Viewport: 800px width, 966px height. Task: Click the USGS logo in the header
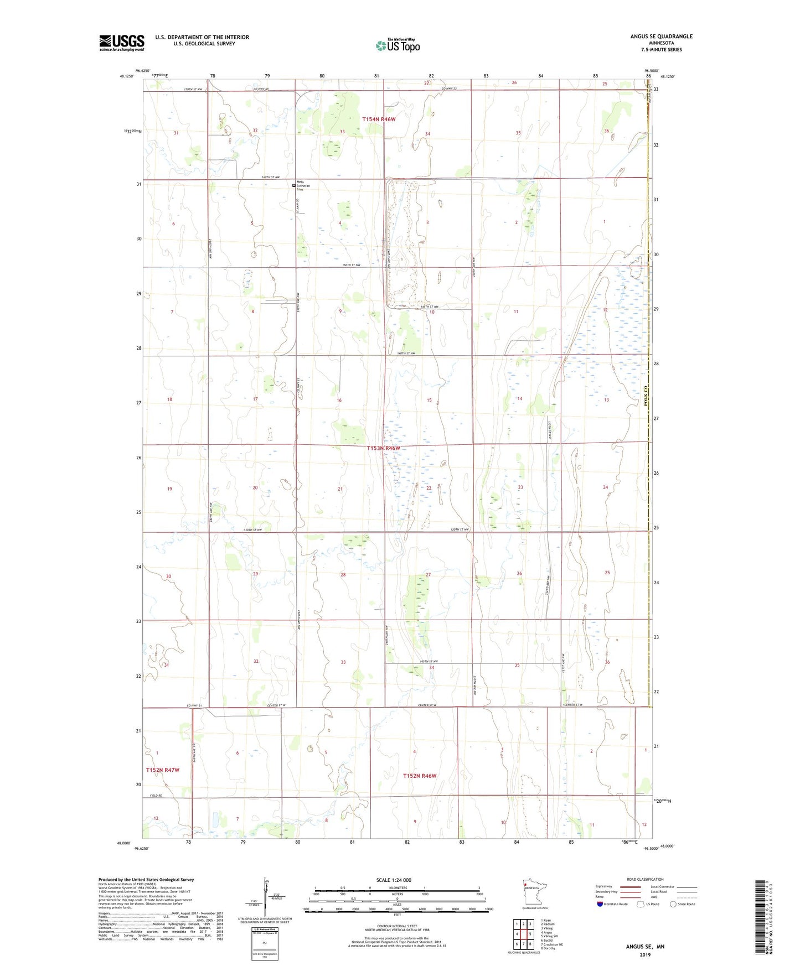click(121, 43)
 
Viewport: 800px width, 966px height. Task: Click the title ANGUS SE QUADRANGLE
click(661, 37)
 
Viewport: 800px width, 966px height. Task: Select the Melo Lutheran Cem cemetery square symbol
click(294, 186)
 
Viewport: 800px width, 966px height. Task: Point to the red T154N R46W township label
click(379, 119)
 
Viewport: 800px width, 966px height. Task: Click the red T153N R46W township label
click(383, 448)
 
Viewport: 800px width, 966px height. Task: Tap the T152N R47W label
click(162, 770)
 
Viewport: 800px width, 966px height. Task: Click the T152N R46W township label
click(419, 776)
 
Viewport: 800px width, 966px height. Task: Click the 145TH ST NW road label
click(429, 307)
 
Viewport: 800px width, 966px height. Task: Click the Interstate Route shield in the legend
click(601, 904)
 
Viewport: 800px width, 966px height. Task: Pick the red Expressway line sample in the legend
click(630, 887)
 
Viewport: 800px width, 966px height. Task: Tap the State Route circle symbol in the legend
click(673, 904)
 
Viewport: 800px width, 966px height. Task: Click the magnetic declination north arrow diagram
click(265, 895)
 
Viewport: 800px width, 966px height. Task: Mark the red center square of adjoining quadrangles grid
click(523, 933)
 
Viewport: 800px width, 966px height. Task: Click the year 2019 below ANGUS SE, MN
click(645, 954)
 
